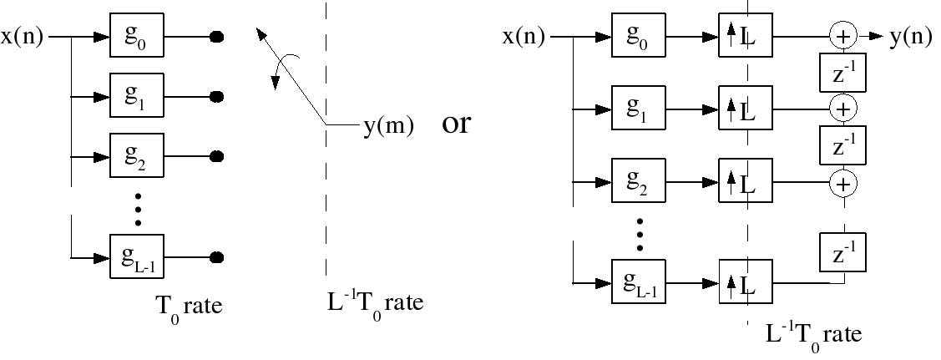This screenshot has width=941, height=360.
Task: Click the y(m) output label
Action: point(388,126)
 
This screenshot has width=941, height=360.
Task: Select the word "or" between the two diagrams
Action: point(456,124)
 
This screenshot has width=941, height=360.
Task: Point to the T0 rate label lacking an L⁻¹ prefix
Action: point(190,307)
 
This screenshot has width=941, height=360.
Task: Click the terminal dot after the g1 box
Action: point(216,96)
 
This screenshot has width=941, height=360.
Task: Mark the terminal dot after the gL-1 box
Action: point(216,258)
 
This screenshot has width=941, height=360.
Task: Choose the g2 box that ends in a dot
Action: point(136,155)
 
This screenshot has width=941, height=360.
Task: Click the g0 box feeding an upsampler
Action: point(638,35)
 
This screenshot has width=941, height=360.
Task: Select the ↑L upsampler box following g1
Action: point(746,108)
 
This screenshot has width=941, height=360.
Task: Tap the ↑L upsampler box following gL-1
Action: point(746,281)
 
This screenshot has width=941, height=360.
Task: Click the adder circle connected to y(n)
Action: point(843,36)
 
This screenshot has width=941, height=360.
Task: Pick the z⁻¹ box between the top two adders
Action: point(842,73)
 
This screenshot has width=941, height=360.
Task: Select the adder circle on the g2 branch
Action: point(843,183)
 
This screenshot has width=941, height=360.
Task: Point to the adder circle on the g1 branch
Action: point(843,109)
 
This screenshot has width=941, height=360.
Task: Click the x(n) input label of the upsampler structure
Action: point(524,37)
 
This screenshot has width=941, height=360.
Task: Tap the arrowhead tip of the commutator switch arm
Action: point(257,28)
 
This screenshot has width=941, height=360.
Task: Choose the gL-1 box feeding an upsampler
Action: point(638,281)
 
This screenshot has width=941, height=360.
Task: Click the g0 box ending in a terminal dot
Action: point(136,35)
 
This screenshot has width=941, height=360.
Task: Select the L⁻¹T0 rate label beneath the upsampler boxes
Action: point(813,335)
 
